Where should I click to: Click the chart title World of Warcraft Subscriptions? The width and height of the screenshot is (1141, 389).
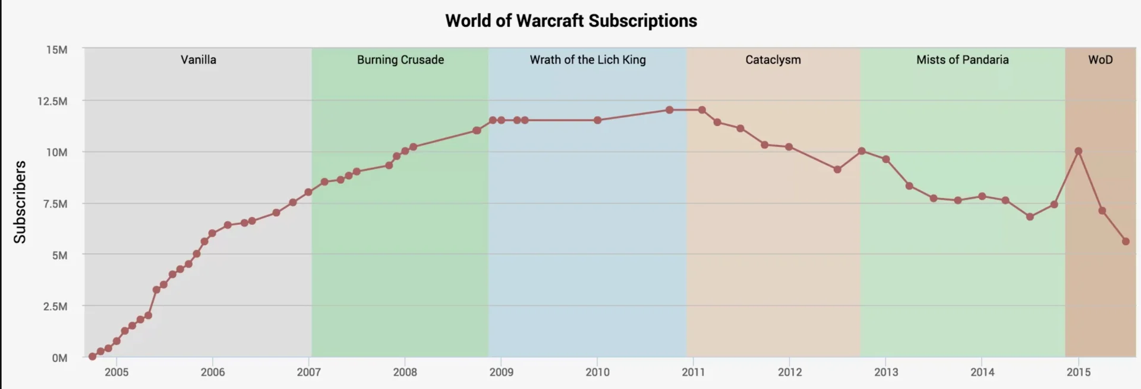click(570, 21)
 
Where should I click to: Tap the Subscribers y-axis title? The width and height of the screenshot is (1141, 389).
click(20, 202)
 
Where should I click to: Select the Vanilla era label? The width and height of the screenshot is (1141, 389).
click(198, 59)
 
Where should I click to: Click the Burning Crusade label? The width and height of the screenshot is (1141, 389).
click(400, 59)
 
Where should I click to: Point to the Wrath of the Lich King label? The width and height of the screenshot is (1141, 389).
click(587, 59)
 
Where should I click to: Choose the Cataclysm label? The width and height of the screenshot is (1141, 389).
click(773, 59)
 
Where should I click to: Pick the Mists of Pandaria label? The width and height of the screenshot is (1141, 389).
click(962, 59)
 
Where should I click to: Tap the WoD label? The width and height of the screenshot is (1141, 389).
click(1100, 59)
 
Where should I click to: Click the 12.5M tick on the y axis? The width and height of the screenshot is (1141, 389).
click(52, 101)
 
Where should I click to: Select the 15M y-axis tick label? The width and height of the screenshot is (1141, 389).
click(56, 50)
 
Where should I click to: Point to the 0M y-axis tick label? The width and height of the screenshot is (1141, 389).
click(59, 358)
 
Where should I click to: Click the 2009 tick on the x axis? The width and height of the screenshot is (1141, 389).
click(501, 372)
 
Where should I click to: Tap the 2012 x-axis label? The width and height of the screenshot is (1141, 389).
click(789, 372)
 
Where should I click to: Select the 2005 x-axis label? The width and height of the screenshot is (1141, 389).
click(116, 372)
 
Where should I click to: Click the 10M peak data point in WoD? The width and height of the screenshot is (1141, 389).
click(1078, 151)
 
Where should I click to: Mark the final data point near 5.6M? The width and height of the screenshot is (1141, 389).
click(1126, 241)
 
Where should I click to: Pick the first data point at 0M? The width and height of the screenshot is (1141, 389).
click(92, 357)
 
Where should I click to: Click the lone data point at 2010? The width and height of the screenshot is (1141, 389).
click(597, 120)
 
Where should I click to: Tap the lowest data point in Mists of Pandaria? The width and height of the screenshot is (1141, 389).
click(1030, 217)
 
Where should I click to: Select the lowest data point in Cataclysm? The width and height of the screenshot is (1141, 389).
click(837, 170)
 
